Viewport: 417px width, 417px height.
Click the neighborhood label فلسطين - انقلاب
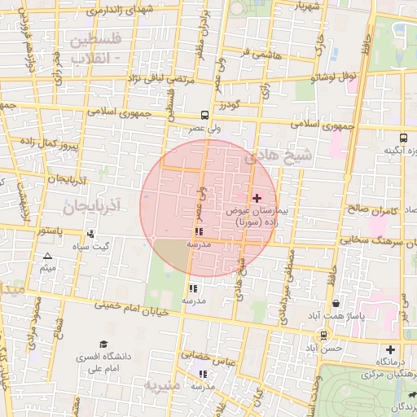96,49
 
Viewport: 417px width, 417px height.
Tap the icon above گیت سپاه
90,234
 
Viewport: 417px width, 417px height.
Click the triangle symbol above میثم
47,257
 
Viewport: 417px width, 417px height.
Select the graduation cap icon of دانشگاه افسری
103,345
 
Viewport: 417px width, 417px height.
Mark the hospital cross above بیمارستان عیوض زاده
257,198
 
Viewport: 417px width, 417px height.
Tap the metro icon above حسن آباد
324,335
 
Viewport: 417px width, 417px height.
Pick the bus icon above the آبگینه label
403,138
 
